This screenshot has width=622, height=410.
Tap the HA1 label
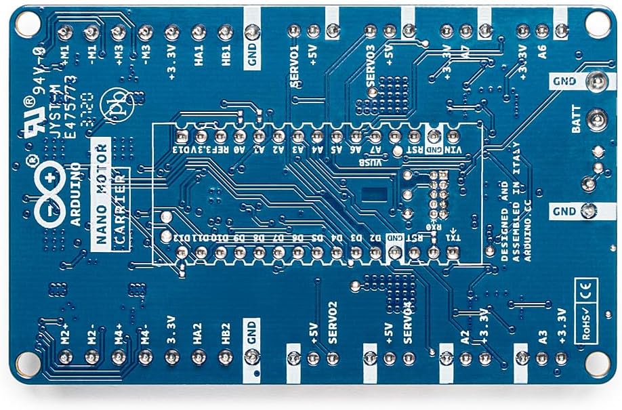[x=199, y=60]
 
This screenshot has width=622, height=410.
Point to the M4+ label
[x=119, y=331]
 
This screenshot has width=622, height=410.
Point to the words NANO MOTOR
[x=102, y=197]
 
